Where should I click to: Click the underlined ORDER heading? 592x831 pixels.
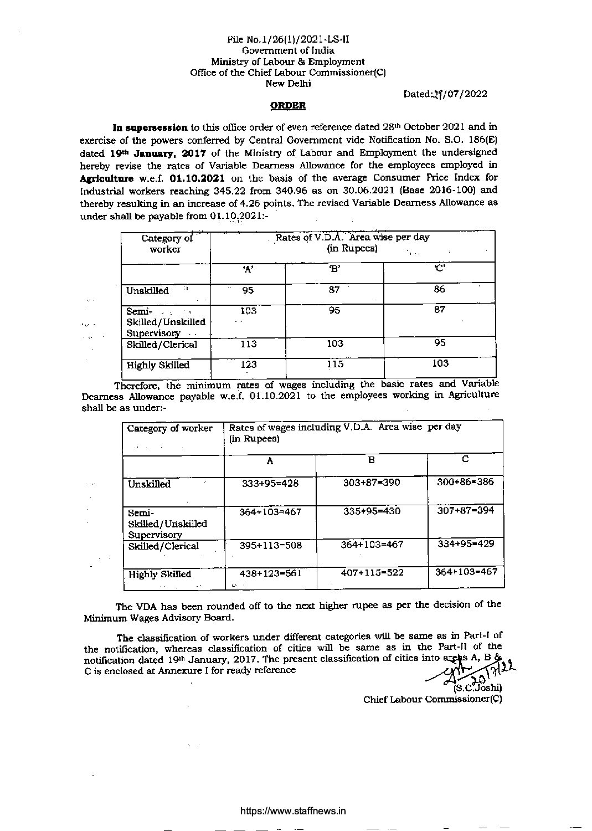(x=287, y=105)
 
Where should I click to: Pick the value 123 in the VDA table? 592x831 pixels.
(x=248, y=365)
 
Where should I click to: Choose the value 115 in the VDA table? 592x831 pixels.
(x=335, y=364)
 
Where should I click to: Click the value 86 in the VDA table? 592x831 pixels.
(x=440, y=289)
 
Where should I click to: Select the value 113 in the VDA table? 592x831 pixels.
(x=248, y=344)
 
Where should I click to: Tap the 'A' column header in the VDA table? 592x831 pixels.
(x=248, y=269)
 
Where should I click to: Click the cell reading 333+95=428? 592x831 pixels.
(x=270, y=483)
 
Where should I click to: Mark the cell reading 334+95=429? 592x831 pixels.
(x=466, y=543)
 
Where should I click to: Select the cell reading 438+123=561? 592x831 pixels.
(x=270, y=573)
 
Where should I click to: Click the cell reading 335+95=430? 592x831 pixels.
(x=372, y=511)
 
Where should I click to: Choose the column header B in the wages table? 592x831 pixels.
(x=372, y=460)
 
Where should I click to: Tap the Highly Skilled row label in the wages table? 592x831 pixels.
(x=159, y=574)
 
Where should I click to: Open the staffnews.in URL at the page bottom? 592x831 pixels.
(x=294, y=811)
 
